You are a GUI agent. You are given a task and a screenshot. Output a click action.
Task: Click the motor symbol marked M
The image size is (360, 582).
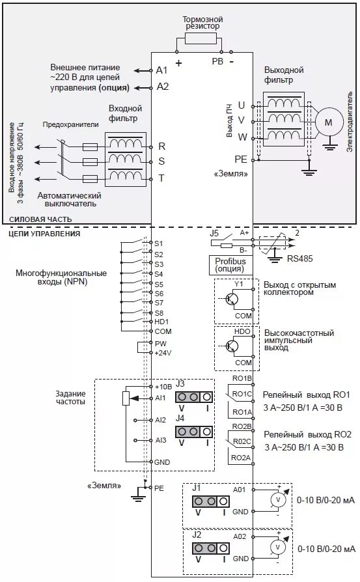coord(328,122)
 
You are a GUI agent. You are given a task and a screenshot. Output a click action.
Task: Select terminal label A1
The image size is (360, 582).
coord(162,70)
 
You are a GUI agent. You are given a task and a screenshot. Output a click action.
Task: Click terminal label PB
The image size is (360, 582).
coord(217,61)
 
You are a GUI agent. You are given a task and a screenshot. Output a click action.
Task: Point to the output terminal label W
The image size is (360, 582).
coord(242,137)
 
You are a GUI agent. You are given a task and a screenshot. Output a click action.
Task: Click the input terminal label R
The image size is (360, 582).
coord(161,146)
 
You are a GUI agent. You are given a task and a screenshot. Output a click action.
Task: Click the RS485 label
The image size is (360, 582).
coord(299,258)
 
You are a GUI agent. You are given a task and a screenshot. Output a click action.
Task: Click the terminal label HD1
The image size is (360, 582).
coord(162,322)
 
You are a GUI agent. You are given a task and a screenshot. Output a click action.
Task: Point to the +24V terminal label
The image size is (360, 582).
coord(162,352)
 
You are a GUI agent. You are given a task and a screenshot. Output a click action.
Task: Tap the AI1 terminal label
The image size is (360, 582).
coord(161,397)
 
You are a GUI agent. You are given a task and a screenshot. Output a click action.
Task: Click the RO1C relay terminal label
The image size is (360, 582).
coord(241,395)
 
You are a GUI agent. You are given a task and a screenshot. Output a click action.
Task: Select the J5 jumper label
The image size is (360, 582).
coord(214,232)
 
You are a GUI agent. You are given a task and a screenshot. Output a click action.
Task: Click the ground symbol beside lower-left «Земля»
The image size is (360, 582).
coord(137,497)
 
